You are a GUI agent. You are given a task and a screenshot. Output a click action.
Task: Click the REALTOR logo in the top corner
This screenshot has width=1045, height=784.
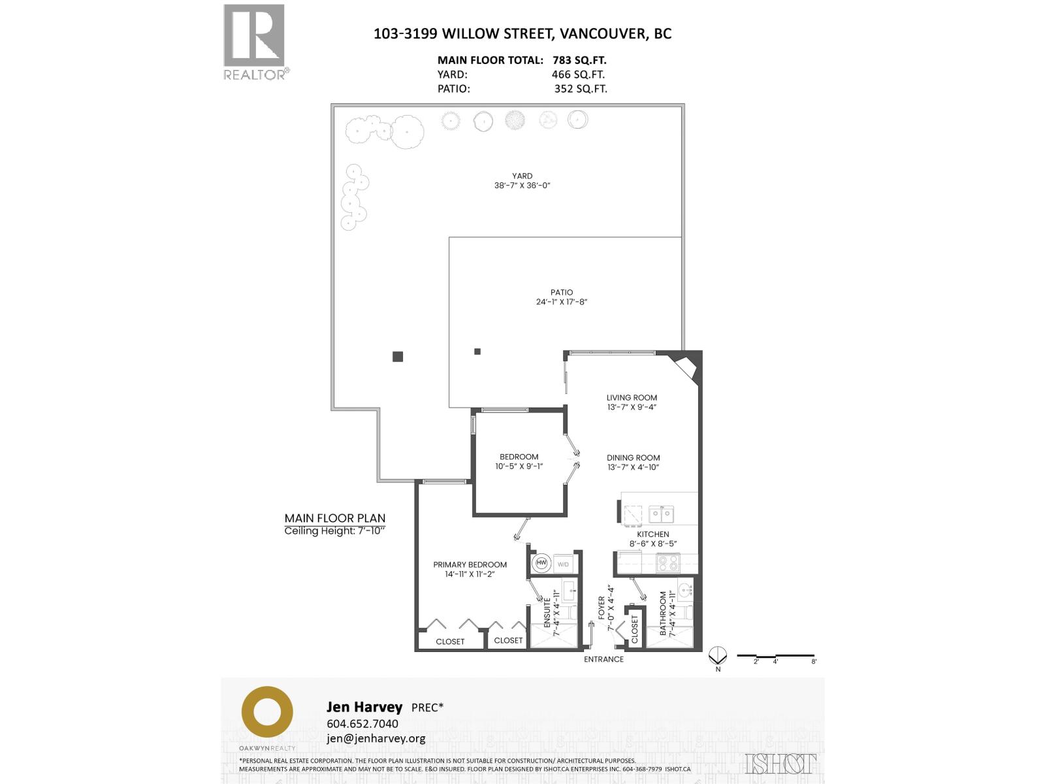[255, 41]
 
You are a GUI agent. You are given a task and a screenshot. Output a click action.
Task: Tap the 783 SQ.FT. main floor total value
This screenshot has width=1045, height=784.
[579, 60]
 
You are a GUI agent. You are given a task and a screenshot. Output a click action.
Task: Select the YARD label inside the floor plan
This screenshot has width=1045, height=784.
[522, 176]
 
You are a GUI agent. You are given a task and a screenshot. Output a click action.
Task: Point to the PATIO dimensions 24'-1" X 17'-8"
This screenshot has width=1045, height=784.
[562, 302]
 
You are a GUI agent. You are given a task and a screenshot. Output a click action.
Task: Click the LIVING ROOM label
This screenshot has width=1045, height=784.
[632, 397]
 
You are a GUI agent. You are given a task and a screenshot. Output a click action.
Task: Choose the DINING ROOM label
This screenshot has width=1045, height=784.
[633, 457]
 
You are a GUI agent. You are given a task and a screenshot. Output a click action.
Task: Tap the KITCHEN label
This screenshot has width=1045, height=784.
[653, 534]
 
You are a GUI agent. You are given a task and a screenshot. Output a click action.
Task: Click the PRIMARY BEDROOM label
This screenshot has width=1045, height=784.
[470, 564]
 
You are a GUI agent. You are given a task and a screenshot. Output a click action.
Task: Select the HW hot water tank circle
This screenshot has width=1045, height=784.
[541, 563]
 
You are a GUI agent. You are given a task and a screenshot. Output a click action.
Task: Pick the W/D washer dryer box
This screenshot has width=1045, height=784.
[562, 564]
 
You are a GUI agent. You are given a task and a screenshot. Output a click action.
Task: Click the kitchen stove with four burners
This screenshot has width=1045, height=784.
[667, 563]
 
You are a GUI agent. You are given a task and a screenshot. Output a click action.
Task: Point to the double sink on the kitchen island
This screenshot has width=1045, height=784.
[661, 515]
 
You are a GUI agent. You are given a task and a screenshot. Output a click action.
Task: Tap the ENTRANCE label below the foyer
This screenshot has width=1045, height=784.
[603, 659]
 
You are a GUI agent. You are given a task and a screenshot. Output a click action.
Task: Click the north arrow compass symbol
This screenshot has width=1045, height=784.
[718, 655]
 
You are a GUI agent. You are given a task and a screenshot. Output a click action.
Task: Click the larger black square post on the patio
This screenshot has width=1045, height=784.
[398, 357]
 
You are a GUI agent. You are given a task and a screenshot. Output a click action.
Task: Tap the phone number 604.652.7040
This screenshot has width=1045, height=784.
[362, 724]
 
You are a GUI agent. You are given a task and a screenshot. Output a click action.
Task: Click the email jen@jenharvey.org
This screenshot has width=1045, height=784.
[376, 738]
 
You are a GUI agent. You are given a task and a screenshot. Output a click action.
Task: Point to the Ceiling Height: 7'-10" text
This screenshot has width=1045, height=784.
[335, 531]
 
